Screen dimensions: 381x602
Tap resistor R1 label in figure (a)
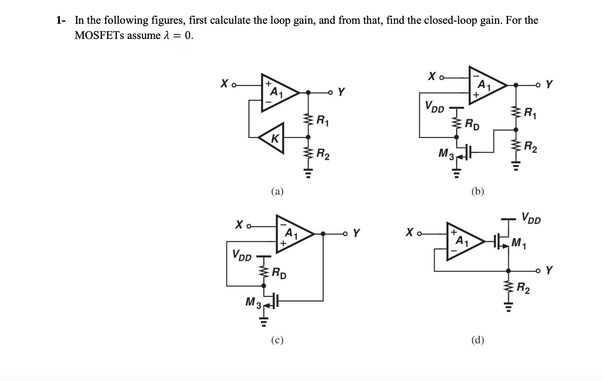click(322, 120)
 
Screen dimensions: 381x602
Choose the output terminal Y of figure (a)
click(341, 92)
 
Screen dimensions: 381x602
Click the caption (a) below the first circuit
click(277, 191)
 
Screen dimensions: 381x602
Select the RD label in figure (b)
click(472, 125)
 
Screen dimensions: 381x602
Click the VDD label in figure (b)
click(434, 106)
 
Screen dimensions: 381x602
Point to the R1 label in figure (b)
click(530, 114)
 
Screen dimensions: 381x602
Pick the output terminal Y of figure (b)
click(549, 84)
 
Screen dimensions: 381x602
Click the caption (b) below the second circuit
click(477, 191)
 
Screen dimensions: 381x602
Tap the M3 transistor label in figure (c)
click(253, 302)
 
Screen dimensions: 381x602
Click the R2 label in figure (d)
click(523, 288)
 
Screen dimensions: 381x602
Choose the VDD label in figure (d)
click(531, 218)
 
